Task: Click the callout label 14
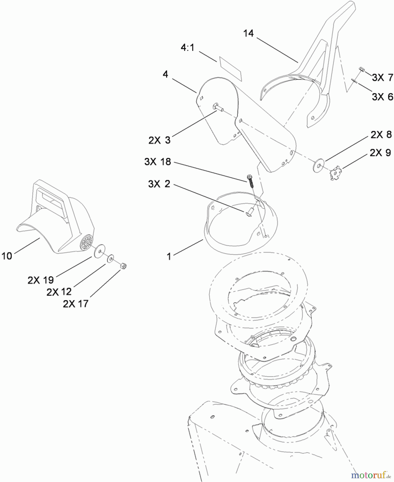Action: pyautogui.click(x=248, y=33)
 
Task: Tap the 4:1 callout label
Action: pyautogui.click(x=187, y=48)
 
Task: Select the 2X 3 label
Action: pyautogui.click(x=159, y=140)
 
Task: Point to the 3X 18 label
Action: pyautogui.click(x=158, y=162)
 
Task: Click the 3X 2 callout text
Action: pyautogui.click(x=159, y=184)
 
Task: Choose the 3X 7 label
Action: pyautogui.click(x=382, y=77)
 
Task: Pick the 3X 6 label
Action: pyautogui.click(x=382, y=96)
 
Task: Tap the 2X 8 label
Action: pyautogui.click(x=381, y=135)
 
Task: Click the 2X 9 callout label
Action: pyautogui.click(x=380, y=153)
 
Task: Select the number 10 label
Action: pyautogui.click(x=7, y=256)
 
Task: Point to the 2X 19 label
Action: pyautogui.click(x=41, y=280)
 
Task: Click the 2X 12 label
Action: pyautogui.click(x=59, y=292)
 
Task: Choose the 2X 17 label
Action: pyautogui.click(x=76, y=304)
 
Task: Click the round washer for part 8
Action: pyautogui.click(x=318, y=165)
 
